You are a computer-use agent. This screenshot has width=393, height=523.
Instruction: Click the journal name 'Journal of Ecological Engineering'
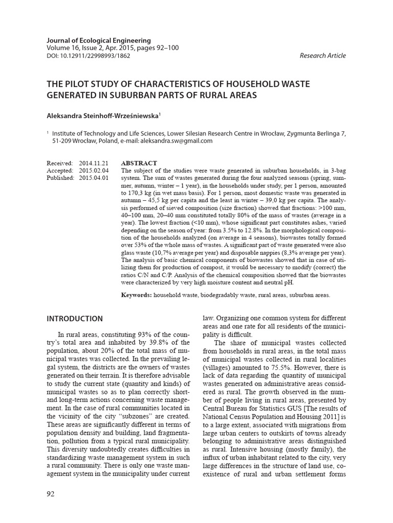[x=99, y=40]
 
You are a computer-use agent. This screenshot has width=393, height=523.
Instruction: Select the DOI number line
[x=88, y=56]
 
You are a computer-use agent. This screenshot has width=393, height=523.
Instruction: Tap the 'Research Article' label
[x=322, y=56]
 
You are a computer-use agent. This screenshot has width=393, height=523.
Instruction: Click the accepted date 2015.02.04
[x=94, y=171]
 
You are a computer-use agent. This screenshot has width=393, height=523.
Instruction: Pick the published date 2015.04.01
[x=94, y=178]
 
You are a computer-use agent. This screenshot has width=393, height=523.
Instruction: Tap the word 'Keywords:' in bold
[x=137, y=295]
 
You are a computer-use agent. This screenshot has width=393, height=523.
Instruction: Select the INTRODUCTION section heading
[x=75, y=319]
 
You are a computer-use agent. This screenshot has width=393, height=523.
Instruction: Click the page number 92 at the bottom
[x=50, y=494]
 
